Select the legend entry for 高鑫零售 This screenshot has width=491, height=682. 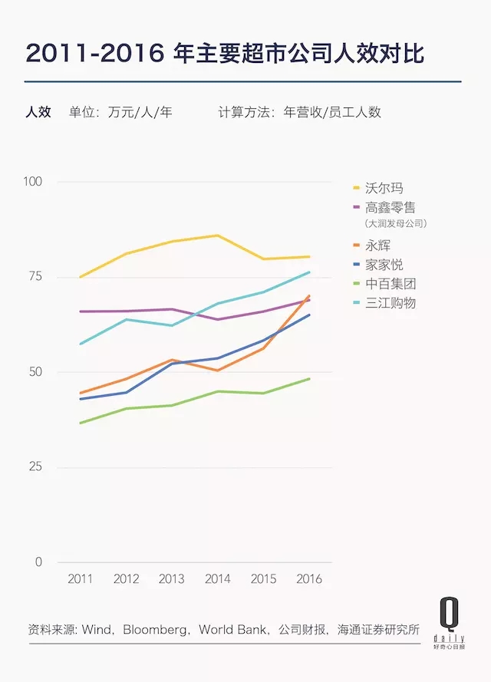(390, 207)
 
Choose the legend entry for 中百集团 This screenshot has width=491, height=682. (390, 284)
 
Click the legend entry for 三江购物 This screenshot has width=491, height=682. (390, 303)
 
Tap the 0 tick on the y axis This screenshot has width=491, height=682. (39, 562)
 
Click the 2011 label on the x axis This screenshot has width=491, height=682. (80, 579)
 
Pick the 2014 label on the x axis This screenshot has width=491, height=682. (218, 579)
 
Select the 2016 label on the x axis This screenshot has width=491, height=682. (310, 579)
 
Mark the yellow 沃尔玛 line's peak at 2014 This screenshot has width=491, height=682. (218, 236)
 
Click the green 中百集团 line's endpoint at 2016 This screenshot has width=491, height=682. (310, 378)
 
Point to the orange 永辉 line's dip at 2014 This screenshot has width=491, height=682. (218, 371)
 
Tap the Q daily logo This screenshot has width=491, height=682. (448, 623)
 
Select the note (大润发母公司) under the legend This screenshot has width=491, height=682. (395, 224)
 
